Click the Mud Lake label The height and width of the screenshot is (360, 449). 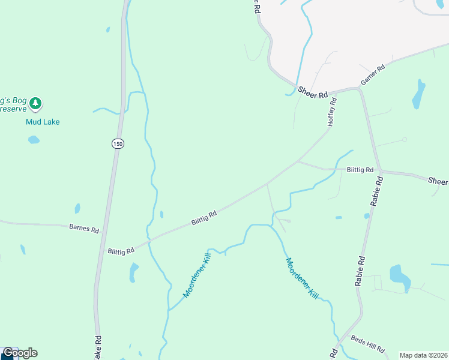[x=43, y=122]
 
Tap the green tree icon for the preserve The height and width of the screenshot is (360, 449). [x=36, y=104]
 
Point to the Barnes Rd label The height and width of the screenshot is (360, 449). [x=84, y=228]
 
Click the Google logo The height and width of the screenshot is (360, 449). [x=20, y=353]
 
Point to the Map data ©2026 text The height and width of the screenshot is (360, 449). [x=423, y=355]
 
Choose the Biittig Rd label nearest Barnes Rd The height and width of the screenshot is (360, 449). [x=120, y=250]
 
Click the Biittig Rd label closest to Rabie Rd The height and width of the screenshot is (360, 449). [x=360, y=170]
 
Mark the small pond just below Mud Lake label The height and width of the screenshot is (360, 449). [x=34, y=140]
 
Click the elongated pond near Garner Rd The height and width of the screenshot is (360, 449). [x=418, y=94]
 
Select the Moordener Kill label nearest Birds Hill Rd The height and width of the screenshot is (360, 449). [x=301, y=279]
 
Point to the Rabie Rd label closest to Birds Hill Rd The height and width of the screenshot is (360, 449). [x=361, y=271]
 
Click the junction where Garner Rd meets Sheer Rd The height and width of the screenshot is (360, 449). [x=359, y=88]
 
